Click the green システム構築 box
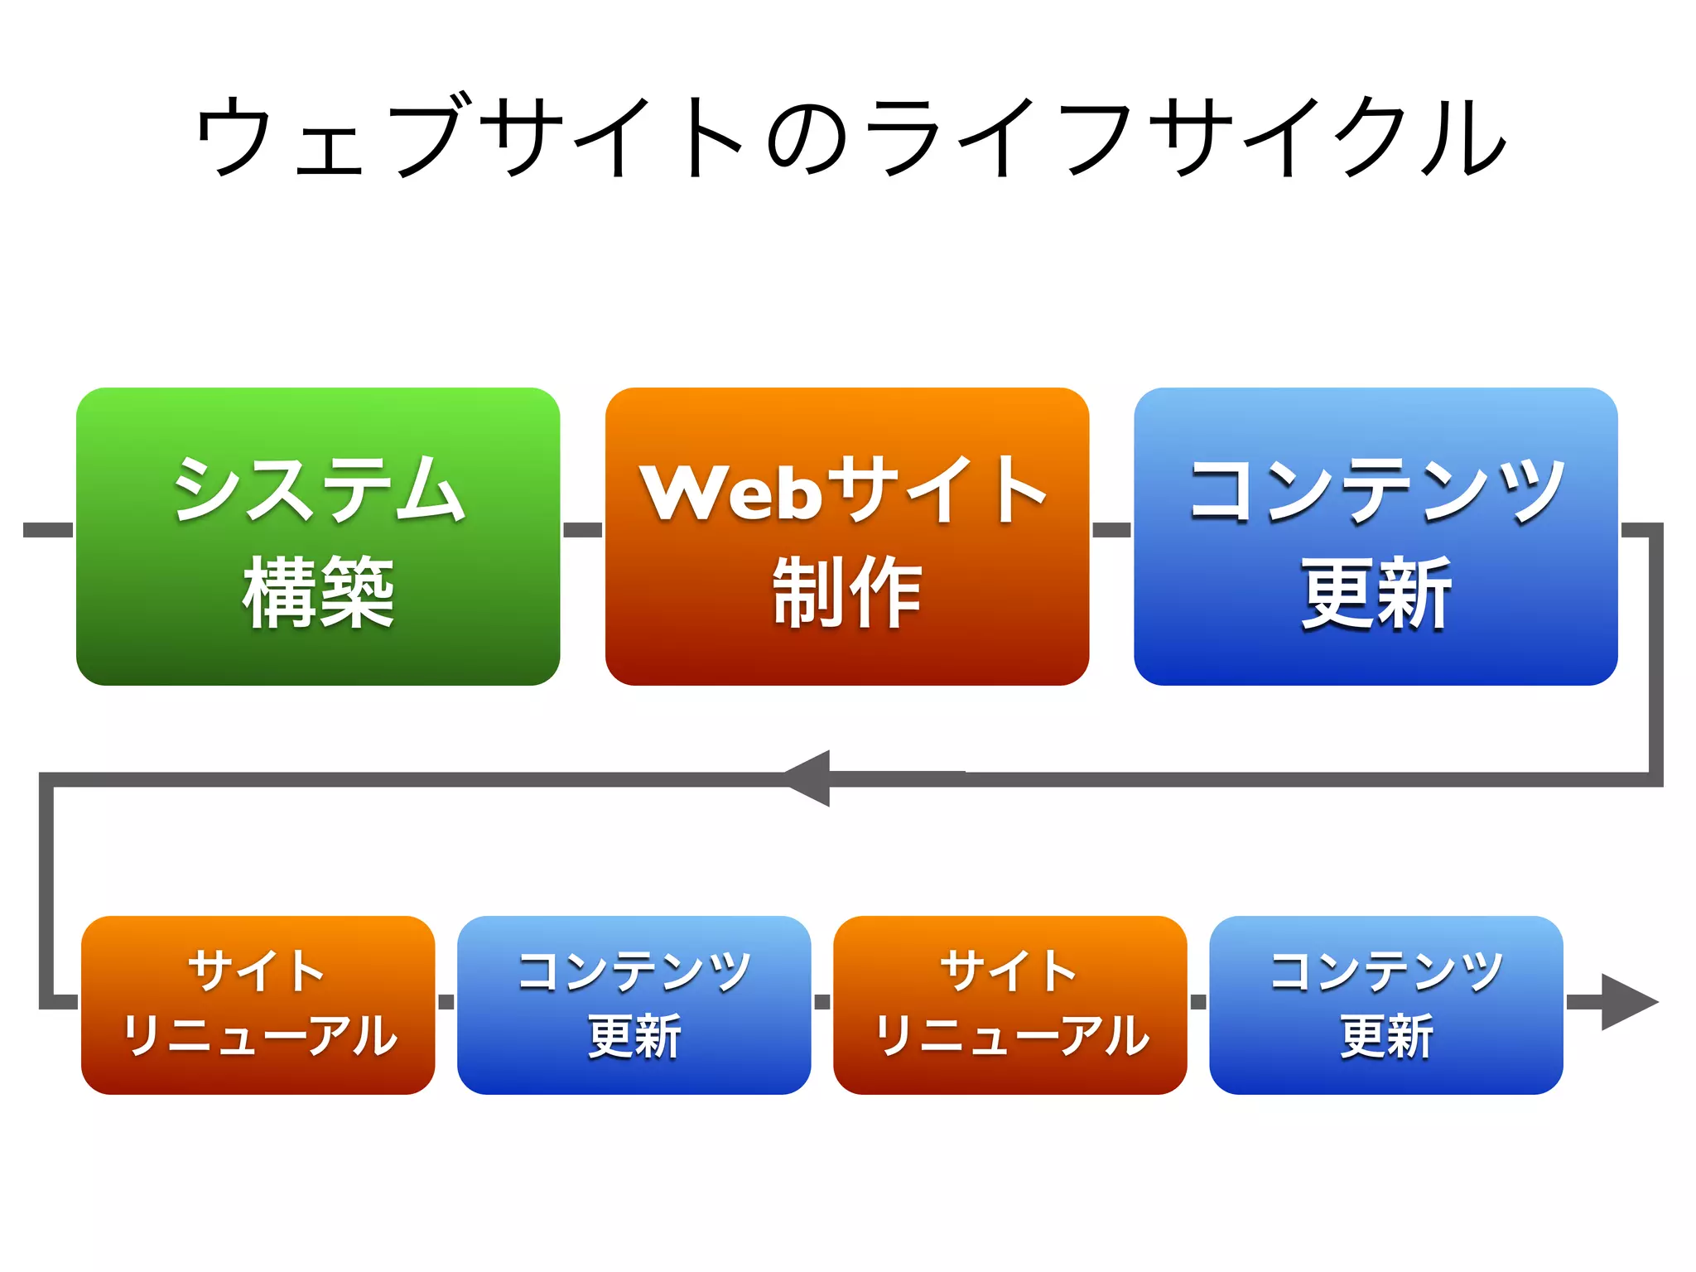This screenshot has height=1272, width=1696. [x=318, y=537]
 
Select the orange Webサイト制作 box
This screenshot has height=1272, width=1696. [x=846, y=537]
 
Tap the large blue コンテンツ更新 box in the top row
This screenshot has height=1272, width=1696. [x=1375, y=537]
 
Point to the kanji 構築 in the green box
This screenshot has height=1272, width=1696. [x=318, y=592]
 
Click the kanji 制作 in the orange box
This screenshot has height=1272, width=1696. [x=846, y=592]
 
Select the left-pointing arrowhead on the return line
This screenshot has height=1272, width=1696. [x=807, y=778]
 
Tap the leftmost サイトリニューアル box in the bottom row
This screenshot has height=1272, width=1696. [x=258, y=1005]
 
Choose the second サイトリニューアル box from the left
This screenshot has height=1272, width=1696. [x=1009, y=1005]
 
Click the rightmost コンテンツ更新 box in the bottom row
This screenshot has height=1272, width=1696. [x=1385, y=1005]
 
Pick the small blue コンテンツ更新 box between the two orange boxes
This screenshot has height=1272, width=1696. [x=634, y=1005]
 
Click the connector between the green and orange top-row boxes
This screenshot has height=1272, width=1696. [x=582, y=530]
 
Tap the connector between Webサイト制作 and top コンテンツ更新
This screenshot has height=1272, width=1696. [x=1111, y=530]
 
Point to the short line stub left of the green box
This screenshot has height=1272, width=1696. [x=48, y=530]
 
